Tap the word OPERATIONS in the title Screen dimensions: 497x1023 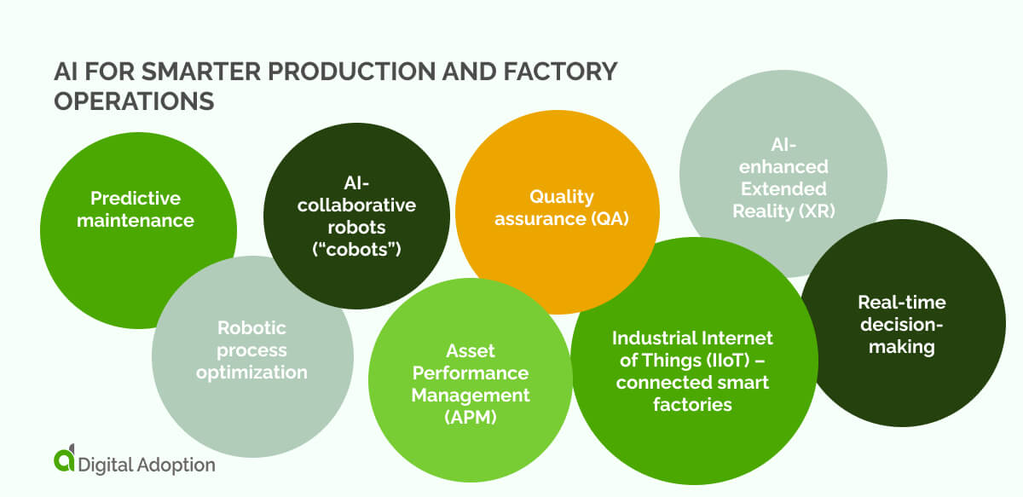[133, 101]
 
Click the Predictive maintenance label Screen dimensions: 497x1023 [136, 210]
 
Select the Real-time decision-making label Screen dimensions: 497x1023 [901, 325]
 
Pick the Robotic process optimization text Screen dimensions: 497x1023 [251, 350]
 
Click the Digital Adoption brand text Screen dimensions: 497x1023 [146, 465]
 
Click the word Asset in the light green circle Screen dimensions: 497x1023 [471, 351]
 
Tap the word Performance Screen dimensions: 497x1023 [471, 373]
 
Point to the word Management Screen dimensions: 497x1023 [471, 396]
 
